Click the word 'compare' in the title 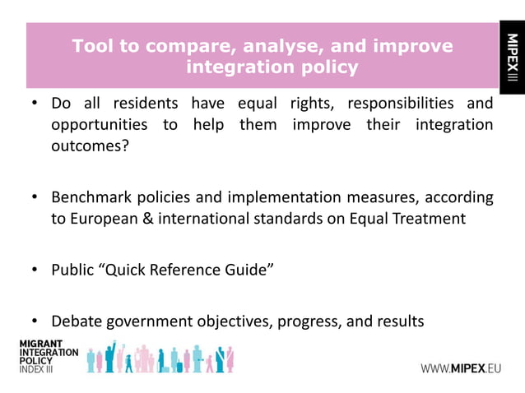184,47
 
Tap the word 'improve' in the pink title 409,47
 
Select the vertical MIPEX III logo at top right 511,58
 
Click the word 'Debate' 78,321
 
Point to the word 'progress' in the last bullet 314,321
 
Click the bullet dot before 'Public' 35,270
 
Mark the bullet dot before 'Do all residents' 35,104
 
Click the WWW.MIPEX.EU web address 461,368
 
